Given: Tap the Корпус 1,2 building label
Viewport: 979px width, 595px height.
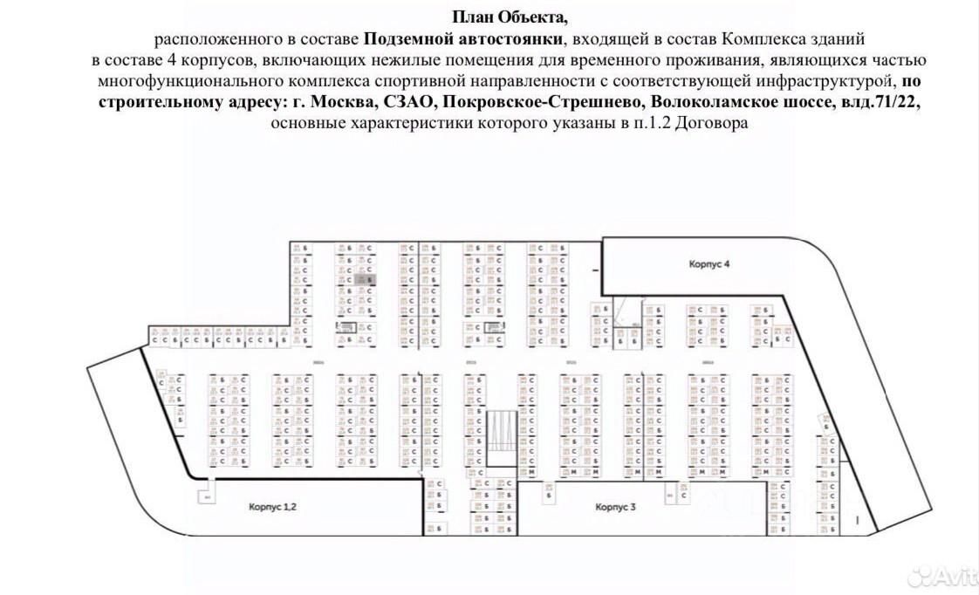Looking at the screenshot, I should tap(272, 506).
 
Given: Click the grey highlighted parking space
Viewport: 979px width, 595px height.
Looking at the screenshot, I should tap(369, 280).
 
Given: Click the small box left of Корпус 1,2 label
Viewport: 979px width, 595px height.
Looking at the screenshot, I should tap(207, 497).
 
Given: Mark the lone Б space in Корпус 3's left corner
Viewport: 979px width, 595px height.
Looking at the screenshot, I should tap(548, 495).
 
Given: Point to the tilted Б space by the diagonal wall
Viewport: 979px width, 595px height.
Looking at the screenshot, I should tap(825, 421).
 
